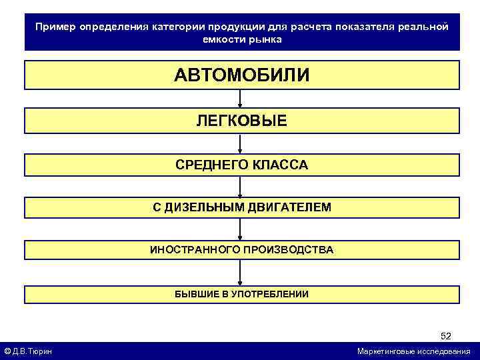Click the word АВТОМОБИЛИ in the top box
(241, 75)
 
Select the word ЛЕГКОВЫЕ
(241, 121)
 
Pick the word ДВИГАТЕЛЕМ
(289, 207)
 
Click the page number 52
(446, 336)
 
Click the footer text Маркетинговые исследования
(413, 351)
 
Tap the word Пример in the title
(55, 27)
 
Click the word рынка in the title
(266, 39)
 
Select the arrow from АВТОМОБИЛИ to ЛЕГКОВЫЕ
(240, 99)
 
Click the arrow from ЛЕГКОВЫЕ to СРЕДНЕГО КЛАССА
(240, 143)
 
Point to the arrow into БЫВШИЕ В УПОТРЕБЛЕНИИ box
(240, 273)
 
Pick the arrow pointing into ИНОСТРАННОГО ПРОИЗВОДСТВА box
(240, 229)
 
